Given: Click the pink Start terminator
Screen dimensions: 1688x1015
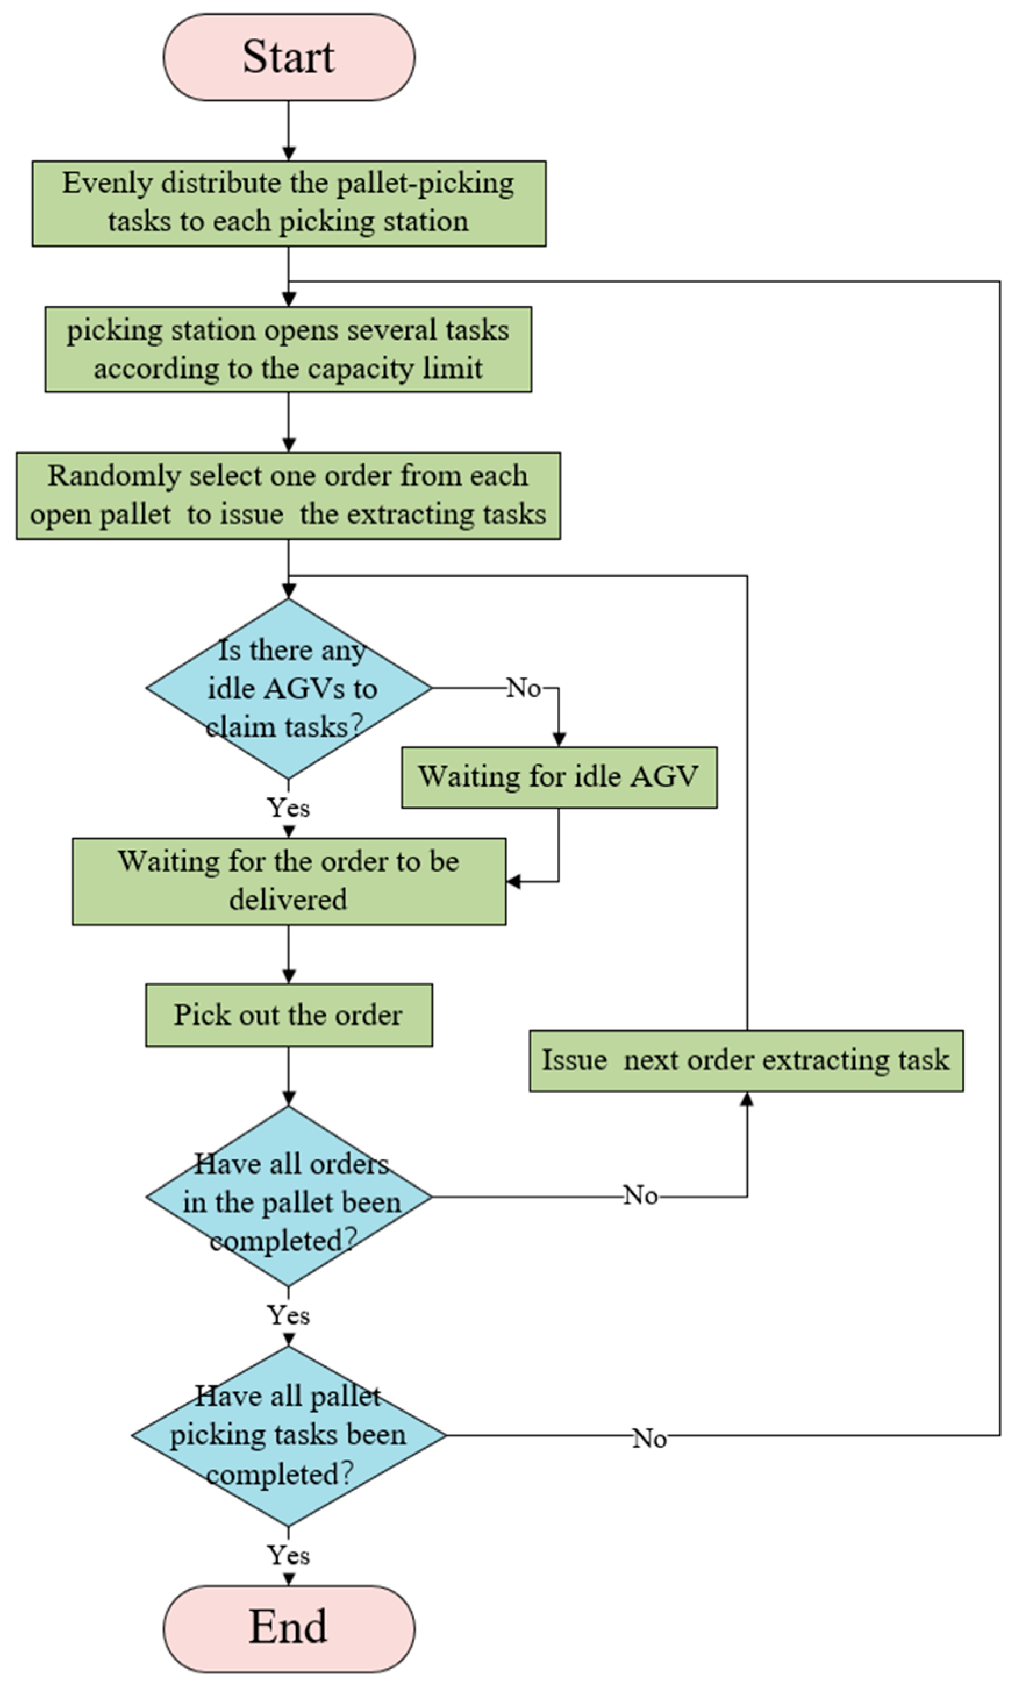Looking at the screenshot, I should pos(289,57).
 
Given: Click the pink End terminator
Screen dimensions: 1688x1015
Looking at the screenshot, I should pos(289,1628).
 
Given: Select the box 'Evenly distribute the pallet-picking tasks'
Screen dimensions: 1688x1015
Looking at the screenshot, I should pos(289,203).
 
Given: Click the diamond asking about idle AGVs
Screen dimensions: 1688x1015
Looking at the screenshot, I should pos(289,688).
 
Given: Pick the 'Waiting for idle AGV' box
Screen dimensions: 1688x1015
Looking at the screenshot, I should pos(559,777).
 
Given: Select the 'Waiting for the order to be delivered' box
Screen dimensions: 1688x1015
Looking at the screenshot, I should pos(289,881).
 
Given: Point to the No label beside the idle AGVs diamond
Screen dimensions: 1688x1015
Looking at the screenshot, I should pos(524,688).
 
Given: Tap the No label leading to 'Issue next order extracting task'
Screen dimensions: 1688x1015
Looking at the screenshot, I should pos(641,1195).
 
